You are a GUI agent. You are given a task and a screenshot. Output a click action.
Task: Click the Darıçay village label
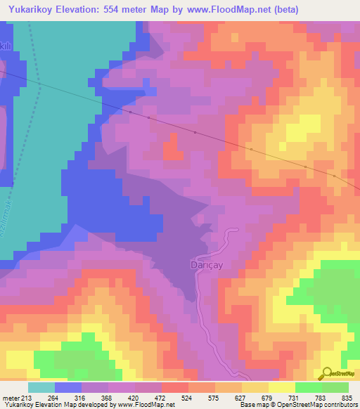coord(206,265)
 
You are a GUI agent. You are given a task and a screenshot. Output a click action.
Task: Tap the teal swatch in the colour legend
coord(41,387)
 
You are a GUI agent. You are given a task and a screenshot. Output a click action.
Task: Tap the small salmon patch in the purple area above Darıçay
coord(170,150)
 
